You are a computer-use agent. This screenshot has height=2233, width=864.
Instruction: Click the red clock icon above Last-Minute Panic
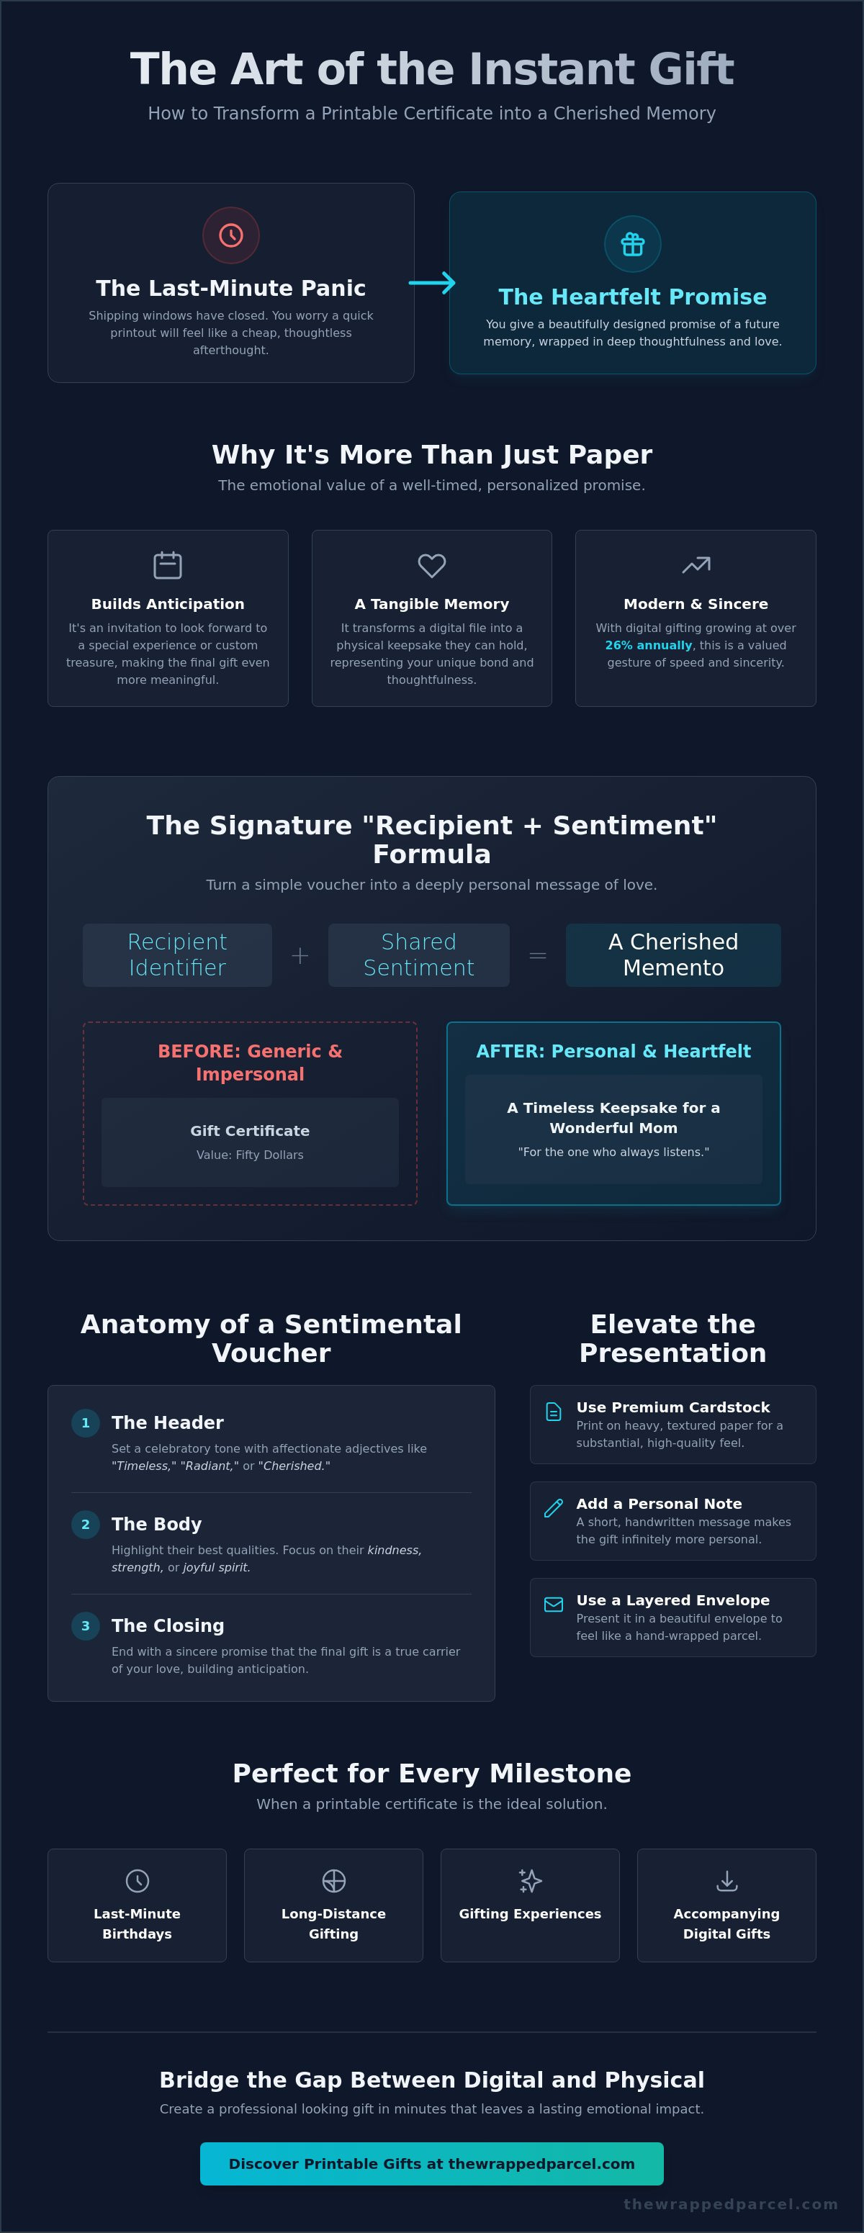pyautogui.click(x=230, y=235)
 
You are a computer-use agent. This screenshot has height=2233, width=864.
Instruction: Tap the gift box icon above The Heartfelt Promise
pyautogui.click(x=633, y=245)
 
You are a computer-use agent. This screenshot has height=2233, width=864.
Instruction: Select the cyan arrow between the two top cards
pyautogui.click(x=431, y=283)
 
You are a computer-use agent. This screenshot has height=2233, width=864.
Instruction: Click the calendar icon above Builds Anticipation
pyautogui.click(x=167, y=565)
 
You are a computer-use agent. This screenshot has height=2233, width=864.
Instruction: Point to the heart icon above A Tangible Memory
pyautogui.click(x=431, y=565)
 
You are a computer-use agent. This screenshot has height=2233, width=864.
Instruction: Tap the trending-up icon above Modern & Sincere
pyautogui.click(x=696, y=565)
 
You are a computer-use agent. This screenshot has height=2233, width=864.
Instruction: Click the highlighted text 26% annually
pyautogui.click(x=648, y=646)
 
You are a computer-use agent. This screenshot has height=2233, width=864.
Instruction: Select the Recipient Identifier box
pyautogui.click(x=178, y=955)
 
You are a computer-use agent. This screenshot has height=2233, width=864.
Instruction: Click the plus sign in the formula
pyautogui.click(x=300, y=955)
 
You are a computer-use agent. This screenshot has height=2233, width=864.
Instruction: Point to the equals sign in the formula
pyautogui.click(x=537, y=955)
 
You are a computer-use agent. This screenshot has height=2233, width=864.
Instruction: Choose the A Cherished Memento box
pyautogui.click(x=673, y=955)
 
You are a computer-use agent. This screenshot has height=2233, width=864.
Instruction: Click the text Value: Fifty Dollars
pyautogui.click(x=250, y=1155)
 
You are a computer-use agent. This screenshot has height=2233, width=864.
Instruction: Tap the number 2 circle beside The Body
pyautogui.click(x=85, y=1524)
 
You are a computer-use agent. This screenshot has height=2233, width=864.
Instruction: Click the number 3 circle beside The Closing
pyautogui.click(x=85, y=1625)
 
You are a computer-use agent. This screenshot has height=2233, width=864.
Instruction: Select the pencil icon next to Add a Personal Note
pyautogui.click(x=553, y=1508)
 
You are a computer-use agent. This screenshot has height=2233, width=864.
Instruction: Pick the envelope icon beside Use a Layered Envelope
pyautogui.click(x=553, y=1605)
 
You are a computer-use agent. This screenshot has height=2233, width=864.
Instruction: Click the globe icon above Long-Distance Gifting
pyautogui.click(x=333, y=1880)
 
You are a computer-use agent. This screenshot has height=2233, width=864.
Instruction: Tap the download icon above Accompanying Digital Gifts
pyautogui.click(x=727, y=1880)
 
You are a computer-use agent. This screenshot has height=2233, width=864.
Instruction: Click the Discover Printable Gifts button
pyautogui.click(x=431, y=2164)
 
